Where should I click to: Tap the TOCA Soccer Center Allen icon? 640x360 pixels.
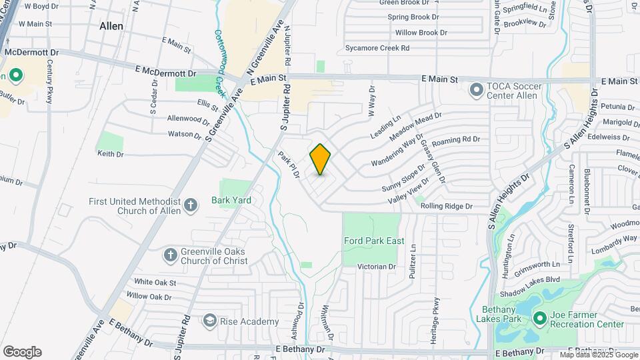(476, 89)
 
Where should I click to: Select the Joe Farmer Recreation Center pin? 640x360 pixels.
(539, 319)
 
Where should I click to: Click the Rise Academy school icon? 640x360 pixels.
(211, 321)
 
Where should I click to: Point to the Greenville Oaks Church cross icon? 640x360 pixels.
(170, 255)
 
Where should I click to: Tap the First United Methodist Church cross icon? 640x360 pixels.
(191, 205)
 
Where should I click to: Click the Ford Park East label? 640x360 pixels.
(374, 241)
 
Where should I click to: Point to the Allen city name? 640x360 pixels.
(111, 26)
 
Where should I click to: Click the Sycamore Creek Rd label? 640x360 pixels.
(377, 48)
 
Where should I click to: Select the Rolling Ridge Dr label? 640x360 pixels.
(446, 207)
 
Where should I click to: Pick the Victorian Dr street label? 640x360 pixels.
(377, 267)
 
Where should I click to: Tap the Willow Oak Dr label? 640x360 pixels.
(149, 296)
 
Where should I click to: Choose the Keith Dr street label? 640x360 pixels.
(111, 154)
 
